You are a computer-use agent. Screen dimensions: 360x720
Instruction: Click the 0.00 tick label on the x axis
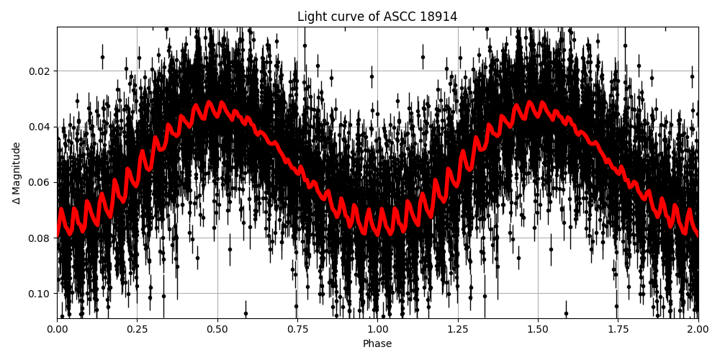[x=57, y=329]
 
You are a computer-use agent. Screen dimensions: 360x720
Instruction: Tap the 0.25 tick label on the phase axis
[x=137, y=329]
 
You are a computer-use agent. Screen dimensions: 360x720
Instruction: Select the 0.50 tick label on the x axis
[x=217, y=329]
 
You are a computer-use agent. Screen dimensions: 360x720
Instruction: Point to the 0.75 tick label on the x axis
[x=297, y=329]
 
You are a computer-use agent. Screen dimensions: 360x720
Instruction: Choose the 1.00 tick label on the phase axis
[x=377, y=329]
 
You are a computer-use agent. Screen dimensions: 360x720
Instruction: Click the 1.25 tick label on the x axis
[x=457, y=329]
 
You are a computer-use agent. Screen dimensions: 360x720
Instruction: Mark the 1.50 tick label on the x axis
[x=538, y=329]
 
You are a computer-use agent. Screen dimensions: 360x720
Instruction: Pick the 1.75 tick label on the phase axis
[x=618, y=329]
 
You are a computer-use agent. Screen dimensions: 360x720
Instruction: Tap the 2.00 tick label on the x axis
[x=698, y=329]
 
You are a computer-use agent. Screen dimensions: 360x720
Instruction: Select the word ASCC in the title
[x=395, y=17]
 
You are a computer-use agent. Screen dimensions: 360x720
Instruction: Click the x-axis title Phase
[x=377, y=343]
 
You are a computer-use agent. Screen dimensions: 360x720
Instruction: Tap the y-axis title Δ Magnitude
[x=17, y=173]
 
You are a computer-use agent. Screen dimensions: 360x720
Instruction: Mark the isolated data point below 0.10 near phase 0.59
[x=246, y=313]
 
